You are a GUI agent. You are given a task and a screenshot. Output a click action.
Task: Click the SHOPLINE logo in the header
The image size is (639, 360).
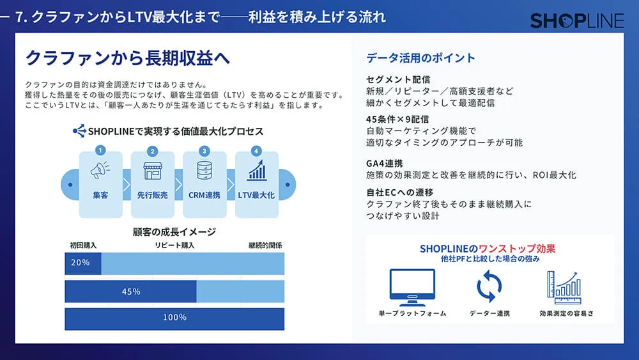[576, 20]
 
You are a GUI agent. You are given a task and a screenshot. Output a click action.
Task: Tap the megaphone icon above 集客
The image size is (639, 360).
[100, 171]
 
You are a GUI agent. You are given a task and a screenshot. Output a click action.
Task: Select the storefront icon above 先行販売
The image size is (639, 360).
[153, 171]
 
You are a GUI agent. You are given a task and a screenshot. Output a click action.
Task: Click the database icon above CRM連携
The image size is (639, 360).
[204, 171]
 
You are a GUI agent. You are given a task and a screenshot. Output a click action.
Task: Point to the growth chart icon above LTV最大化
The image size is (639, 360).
[257, 171]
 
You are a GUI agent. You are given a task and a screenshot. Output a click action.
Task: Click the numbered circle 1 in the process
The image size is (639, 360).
[100, 152]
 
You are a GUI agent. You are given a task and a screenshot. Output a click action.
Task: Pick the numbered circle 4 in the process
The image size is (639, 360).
[257, 152]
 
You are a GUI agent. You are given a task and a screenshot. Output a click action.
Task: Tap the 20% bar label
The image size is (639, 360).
[81, 263]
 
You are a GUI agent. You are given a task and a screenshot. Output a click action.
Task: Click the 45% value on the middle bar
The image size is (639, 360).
[131, 291]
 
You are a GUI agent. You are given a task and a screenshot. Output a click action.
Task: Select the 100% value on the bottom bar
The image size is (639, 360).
[174, 318]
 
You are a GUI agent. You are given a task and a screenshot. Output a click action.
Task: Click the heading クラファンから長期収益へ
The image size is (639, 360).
[127, 58]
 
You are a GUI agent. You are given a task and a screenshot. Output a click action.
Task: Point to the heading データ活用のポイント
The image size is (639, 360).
[420, 58]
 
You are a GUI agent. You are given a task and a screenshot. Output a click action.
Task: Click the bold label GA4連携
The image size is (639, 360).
[385, 163]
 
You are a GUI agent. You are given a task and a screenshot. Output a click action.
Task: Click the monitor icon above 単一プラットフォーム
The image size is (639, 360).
[412, 287]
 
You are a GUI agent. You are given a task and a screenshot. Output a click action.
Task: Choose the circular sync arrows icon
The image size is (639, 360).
[489, 286]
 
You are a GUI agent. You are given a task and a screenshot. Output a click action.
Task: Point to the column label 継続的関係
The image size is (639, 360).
[265, 245]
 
